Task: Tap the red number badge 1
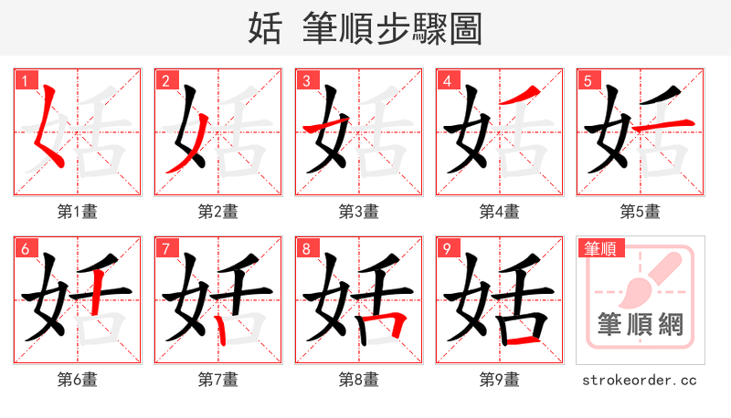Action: click(24, 80)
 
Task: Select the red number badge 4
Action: click(446, 80)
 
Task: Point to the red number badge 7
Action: click(164, 248)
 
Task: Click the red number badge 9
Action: click(446, 248)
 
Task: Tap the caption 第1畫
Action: click(77, 212)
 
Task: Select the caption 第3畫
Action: click(358, 212)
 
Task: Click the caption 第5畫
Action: click(640, 212)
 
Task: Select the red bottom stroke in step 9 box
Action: click(522, 340)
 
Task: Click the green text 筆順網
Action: click(640, 323)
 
